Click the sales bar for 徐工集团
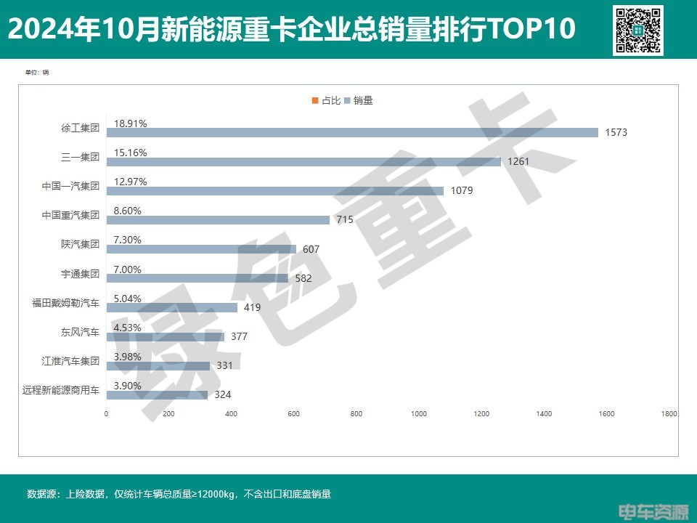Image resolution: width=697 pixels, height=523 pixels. (352, 132)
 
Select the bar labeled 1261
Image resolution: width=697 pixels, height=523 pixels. (303, 162)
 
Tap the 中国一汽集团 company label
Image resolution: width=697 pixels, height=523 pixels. (70, 186)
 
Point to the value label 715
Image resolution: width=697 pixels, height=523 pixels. (344, 219)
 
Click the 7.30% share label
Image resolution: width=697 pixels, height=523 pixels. (128, 240)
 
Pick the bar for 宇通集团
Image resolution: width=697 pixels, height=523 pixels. (197, 278)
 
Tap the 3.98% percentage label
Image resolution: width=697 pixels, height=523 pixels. (128, 357)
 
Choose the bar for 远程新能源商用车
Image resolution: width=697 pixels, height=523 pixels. (157, 395)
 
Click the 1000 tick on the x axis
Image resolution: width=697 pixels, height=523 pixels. (419, 414)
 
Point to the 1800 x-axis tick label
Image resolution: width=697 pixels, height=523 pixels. (669, 414)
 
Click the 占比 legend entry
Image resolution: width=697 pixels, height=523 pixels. (326, 101)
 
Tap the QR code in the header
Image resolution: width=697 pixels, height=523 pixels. (638, 30)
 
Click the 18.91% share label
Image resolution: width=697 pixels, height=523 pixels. (131, 123)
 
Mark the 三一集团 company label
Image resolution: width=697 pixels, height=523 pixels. (80, 157)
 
